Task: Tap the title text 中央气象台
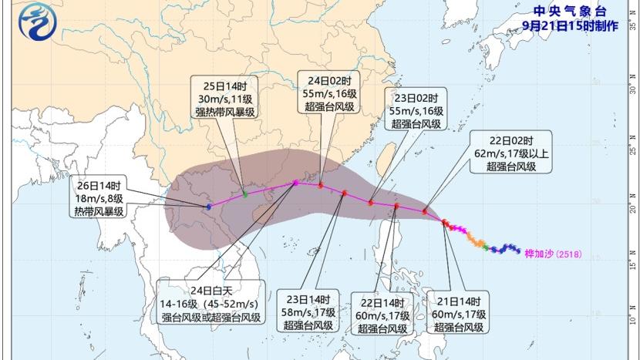(x=570, y=11)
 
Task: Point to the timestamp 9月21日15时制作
(x=570, y=25)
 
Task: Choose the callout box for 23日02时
(x=416, y=111)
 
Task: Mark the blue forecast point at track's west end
(x=209, y=207)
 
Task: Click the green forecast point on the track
(x=245, y=193)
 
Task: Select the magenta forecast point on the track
(x=295, y=183)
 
